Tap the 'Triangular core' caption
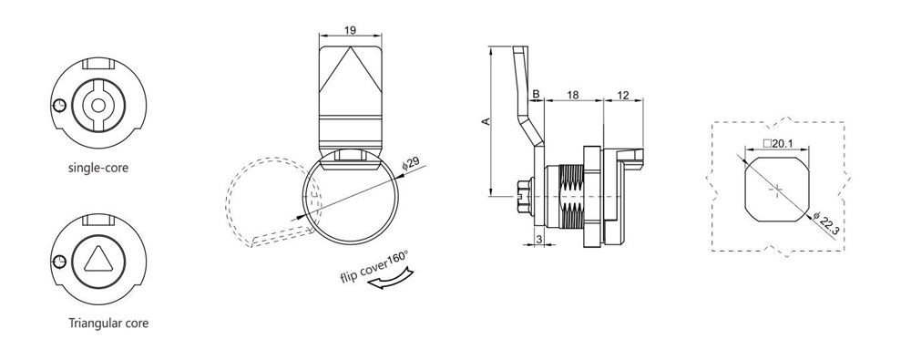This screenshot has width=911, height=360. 108,323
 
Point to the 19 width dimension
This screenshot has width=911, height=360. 351,30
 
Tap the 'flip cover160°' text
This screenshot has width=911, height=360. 374,267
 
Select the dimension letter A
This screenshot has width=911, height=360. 486,120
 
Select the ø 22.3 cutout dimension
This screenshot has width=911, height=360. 827,224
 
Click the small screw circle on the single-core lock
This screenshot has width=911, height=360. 59,106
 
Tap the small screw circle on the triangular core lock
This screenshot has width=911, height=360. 59,262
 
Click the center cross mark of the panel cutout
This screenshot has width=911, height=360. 776,188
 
